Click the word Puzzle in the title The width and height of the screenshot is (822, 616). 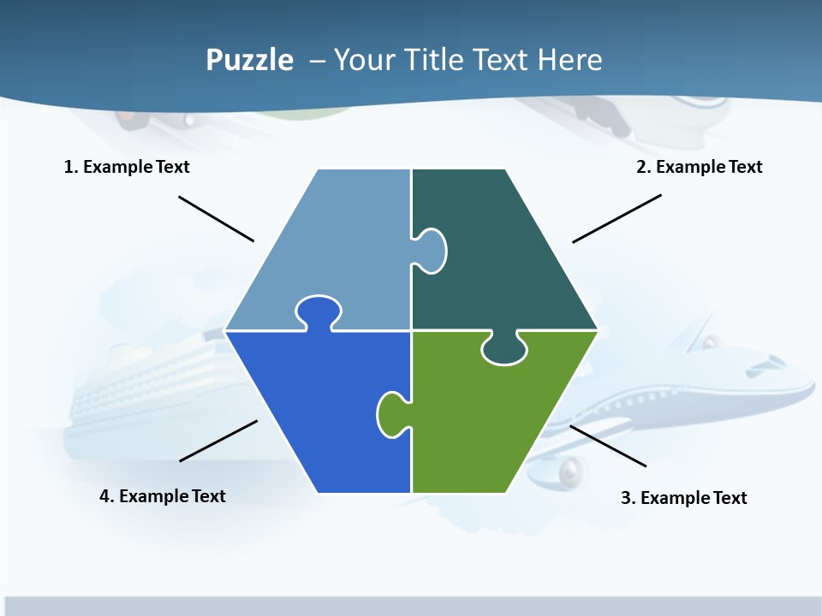[x=249, y=61]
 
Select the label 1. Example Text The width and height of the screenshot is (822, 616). [x=127, y=167]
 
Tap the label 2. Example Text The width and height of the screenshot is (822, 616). [x=699, y=167]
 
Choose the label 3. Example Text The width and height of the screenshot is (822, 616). [x=683, y=498]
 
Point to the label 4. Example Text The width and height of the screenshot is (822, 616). [x=163, y=496]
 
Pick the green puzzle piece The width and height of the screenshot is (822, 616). [x=488, y=419]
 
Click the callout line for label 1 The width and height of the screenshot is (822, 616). [x=216, y=218]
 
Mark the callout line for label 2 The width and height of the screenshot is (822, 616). [x=616, y=218]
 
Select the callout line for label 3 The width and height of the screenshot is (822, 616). [x=608, y=446]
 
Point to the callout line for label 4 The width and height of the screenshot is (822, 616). [x=218, y=441]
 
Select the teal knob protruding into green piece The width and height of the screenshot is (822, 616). [x=504, y=349]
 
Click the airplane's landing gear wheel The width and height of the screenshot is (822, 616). [x=571, y=471]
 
